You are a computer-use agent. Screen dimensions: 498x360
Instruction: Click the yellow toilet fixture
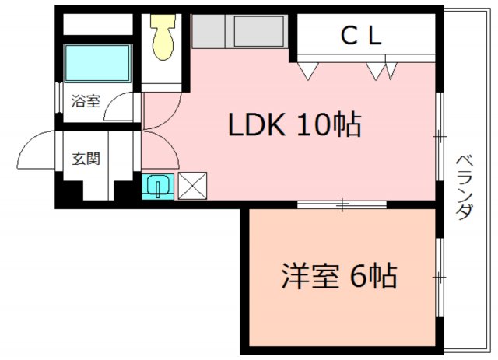(163, 37)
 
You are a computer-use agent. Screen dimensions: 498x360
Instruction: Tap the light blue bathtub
(98, 64)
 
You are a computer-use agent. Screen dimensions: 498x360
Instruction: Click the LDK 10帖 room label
(295, 124)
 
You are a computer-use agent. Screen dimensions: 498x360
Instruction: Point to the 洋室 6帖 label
(339, 275)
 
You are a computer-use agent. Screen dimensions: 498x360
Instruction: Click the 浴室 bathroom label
(86, 101)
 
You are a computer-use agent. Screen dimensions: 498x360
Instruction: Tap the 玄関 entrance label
(86, 159)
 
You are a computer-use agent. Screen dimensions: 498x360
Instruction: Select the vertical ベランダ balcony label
(465, 187)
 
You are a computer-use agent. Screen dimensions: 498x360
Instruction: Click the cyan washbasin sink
(158, 187)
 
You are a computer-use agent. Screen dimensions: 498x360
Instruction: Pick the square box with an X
(192, 186)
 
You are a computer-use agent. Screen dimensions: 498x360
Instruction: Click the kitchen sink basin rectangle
(259, 31)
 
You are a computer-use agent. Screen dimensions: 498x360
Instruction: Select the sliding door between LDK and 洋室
(342, 204)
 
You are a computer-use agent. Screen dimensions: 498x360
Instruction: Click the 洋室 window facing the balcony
(439, 277)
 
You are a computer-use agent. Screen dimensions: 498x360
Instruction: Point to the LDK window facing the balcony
(439, 137)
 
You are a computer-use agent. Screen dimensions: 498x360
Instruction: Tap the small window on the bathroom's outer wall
(59, 97)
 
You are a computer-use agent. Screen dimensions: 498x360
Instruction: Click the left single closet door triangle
(308, 71)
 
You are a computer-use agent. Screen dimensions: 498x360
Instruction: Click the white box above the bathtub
(98, 24)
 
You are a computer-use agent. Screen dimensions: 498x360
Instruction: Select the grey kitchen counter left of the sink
(209, 31)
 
